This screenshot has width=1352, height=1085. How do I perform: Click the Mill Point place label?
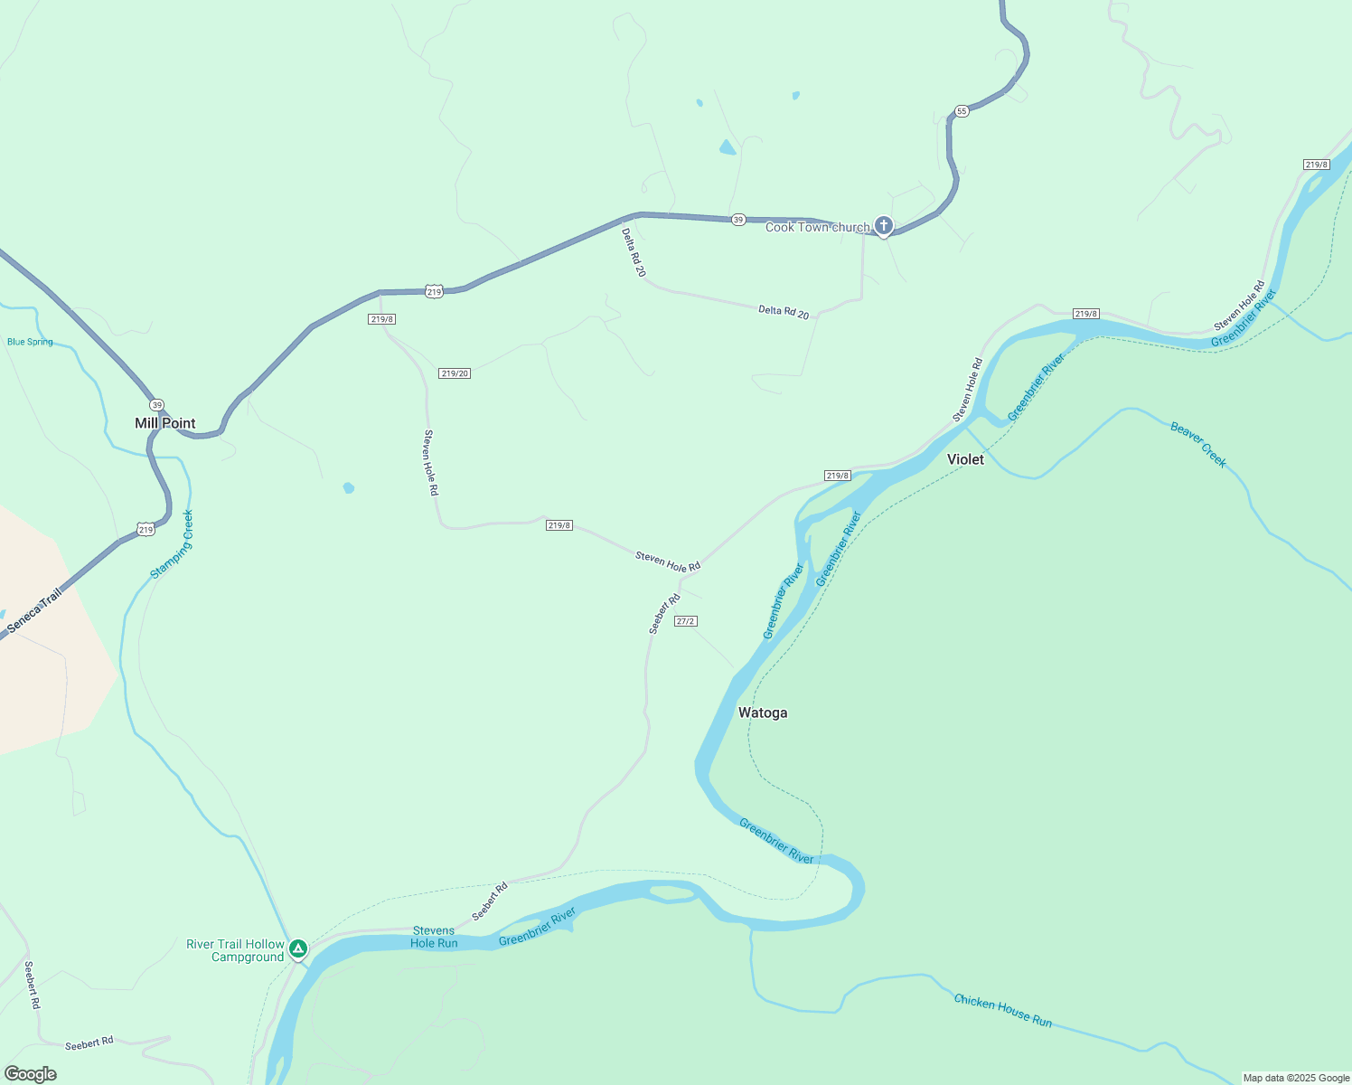(x=165, y=423)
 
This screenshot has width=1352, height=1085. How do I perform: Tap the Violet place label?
(x=965, y=459)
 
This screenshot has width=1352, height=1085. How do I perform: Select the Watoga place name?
(x=763, y=712)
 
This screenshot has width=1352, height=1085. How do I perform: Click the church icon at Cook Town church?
(x=884, y=226)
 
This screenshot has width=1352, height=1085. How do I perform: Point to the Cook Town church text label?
(x=817, y=227)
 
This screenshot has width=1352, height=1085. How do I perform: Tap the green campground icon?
(x=298, y=948)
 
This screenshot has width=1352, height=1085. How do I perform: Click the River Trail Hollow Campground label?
(x=235, y=950)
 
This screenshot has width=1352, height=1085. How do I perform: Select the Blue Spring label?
(x=30, y=342)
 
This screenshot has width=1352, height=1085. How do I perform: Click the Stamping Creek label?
(x=172, y=544)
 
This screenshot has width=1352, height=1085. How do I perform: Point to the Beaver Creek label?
(x=1198, y=445)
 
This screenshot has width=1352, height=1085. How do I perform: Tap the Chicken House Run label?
(x=1003, y=1010)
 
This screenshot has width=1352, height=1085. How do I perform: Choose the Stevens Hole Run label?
(x=434, y=937)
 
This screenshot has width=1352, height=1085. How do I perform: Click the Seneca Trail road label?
(x=35, y=611)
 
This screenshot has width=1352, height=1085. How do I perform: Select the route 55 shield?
(x=961, y=111)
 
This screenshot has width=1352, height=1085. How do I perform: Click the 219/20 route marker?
(x=455, y=373)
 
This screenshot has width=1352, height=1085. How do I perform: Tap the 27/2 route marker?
(x=686, y=621)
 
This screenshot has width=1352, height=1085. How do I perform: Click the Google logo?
(x=31, y=1074)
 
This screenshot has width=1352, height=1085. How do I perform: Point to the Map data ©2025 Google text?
(x=1296, y=1078)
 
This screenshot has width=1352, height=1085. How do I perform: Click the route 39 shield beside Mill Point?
(x=157, y=405)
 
